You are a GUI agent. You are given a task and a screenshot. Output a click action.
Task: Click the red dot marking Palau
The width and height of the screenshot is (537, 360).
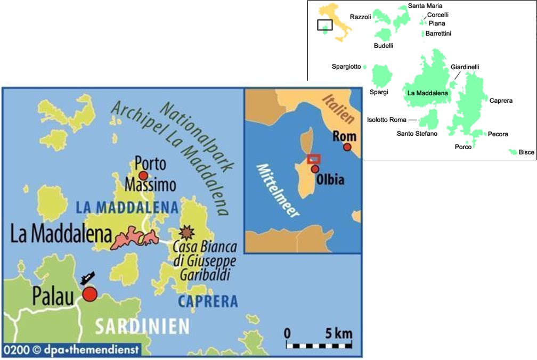89,294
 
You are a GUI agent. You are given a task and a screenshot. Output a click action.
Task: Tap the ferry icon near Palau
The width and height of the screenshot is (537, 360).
87,278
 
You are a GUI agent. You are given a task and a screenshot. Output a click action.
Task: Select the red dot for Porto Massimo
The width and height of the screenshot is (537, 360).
142,175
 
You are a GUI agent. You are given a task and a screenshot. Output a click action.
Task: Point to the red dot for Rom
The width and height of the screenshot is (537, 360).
347,146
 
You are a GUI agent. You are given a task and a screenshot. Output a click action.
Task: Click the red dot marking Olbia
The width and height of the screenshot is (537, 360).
315,169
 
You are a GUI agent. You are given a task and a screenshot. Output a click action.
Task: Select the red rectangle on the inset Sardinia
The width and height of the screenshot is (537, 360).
313,159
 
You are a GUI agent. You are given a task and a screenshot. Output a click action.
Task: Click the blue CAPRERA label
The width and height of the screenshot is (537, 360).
207,301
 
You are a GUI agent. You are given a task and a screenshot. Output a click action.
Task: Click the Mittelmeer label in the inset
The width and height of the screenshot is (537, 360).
278,190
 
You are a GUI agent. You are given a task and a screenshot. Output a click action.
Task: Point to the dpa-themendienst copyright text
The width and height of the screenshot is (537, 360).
72,350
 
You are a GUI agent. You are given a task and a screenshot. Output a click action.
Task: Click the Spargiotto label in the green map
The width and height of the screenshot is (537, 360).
346,67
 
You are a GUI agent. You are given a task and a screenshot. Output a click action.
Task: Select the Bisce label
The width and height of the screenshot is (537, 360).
526,152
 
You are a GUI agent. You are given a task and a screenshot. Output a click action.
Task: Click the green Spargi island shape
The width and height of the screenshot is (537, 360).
381,76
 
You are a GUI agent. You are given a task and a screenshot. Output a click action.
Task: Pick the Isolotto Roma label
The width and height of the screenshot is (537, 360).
387,120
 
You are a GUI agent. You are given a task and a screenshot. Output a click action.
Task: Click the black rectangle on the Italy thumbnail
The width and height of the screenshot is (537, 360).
324,25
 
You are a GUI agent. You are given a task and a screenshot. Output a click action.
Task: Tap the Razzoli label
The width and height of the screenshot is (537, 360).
360,17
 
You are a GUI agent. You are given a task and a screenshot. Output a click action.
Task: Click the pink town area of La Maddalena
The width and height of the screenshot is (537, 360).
133,238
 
